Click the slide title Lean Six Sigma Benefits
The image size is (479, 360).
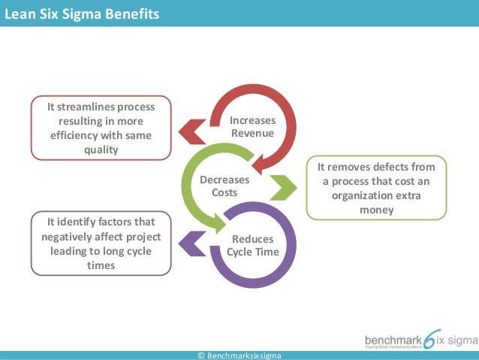pyautogui.click(x=82, y=13)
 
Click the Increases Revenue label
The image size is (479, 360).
pyautogui.click(x=252, y=127)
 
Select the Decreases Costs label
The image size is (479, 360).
pyautogui.click(x=219, y=186)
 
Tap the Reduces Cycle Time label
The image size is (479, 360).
pyautogui.click(x=252, y=245)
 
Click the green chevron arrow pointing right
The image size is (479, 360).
pyautogui.click(x=285, y=187)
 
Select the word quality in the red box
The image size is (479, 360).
pyautogui.click(x=101, y=150)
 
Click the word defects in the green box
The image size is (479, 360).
pyautogui.click(x=393, y=167)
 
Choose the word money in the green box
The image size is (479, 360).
pyautogui.click(x=376, y=210)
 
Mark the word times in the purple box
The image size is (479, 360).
pyautogui.click(x=101, y=265)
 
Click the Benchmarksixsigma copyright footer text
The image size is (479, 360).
pyautogui.click(x=239, y=355)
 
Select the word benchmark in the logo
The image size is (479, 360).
pyautogui.click(x=393, y=338)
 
